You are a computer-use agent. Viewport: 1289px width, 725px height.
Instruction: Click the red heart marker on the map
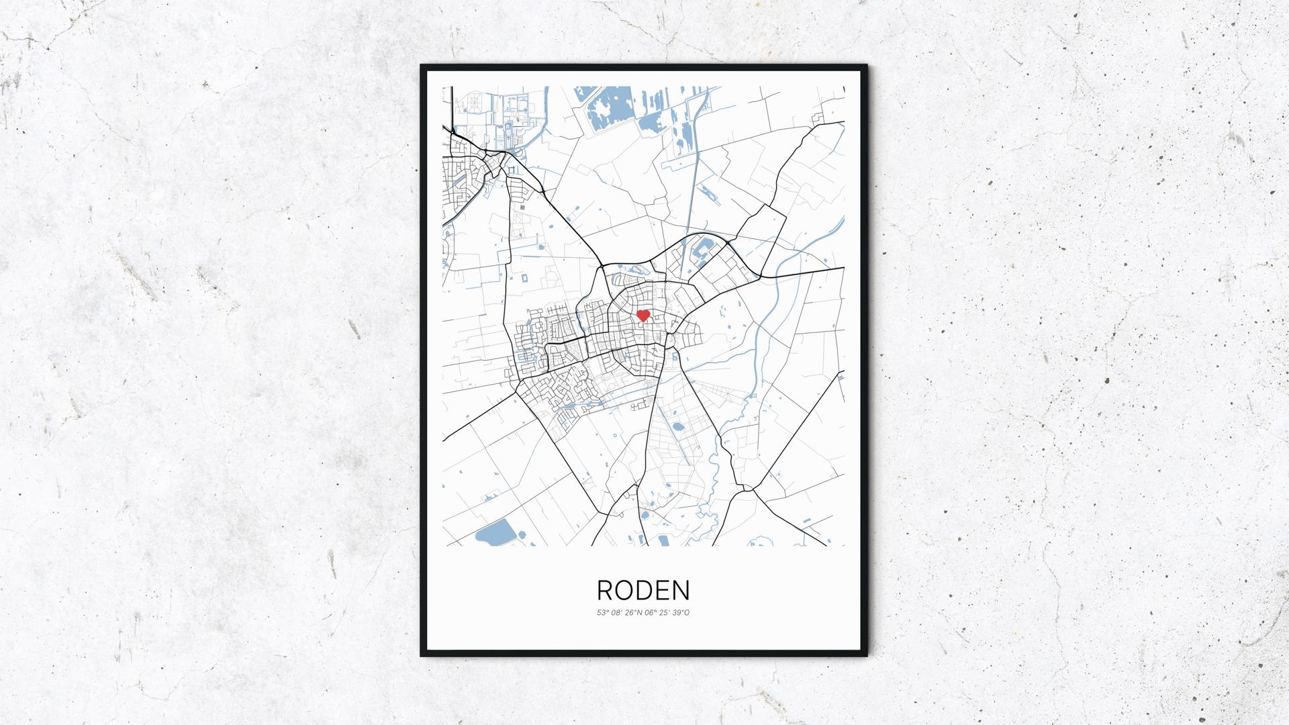642,315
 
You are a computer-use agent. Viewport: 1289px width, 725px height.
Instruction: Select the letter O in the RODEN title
624,591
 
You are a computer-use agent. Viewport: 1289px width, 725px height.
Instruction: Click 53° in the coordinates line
602,612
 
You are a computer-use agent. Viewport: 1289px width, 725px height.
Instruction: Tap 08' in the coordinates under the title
616,612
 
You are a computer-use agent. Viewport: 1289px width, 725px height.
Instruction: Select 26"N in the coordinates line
633,612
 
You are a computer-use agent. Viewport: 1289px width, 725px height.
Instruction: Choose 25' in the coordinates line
665,612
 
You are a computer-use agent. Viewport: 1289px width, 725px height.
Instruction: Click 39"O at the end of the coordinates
681,612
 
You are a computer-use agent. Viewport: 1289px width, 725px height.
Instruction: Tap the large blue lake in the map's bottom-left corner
494,533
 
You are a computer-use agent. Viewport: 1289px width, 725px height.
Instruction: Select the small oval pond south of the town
677,426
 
